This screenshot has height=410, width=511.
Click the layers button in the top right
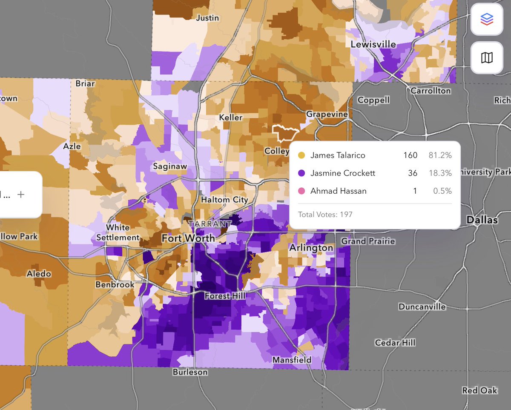coord(487,19)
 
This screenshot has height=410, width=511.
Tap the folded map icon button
coord(487,57)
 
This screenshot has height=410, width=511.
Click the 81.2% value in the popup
coord(440,155)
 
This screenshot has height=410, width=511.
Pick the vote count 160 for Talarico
coord(411,155)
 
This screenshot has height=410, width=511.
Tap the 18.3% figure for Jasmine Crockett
coord(440,173)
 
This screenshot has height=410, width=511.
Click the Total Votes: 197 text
coord(325,214)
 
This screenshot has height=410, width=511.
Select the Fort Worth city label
coord(188,238)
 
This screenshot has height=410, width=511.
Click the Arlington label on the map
coord(311,248)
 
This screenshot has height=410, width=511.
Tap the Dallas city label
coord(482,220)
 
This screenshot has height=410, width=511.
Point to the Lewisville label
coord(373,44)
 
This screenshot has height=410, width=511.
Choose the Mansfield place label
coord(292,360)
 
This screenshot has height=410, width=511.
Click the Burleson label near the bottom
coord(190,372)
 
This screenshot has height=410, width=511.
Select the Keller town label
coord(230,118)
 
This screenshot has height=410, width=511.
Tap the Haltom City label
coord(224,200)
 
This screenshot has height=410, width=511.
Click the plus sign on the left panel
coord(21,195)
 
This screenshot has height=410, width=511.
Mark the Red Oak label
coord(479,390)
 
